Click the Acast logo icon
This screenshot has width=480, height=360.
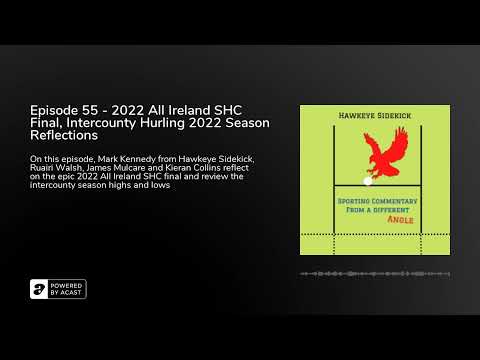39,289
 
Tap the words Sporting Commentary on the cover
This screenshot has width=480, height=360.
374,200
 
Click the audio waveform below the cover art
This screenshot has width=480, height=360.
375,273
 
